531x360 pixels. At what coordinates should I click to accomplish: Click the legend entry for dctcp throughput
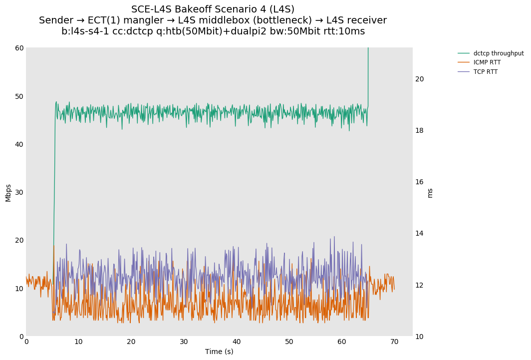click(498, 53)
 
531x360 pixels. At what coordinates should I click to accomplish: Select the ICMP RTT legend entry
click(487, 62)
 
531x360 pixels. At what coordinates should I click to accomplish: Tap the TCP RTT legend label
click(485, 72)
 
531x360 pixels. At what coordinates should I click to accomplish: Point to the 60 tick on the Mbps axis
click(19, 48)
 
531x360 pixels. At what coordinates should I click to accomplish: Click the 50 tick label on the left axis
click(19, 96)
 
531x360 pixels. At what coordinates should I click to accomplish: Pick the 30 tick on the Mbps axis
click(19, 192)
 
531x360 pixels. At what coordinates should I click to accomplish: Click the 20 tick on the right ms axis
click(419, 79)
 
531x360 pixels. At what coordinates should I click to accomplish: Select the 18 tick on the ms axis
click(419, 130)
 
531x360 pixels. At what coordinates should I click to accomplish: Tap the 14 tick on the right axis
click(419, 233)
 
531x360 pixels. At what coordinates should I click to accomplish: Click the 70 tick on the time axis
click(394, 342)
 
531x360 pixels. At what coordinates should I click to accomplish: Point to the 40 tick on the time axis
click(237, 342)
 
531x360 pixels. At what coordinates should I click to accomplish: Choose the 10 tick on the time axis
click(79, 342)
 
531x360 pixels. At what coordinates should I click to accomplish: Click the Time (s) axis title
click(219, 352)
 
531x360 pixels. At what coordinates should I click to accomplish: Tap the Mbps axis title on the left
click(8, 192)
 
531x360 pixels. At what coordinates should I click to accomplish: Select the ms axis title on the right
click(430, 192)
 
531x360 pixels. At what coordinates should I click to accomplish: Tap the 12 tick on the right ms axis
click(419, 285)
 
